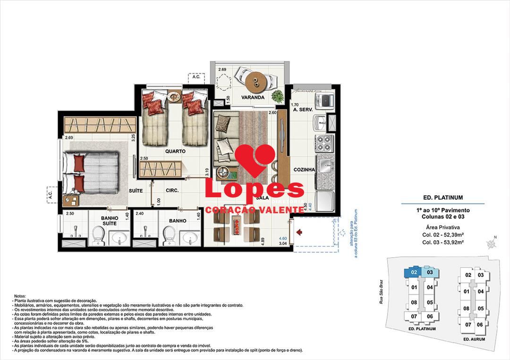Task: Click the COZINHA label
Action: pos(304,170)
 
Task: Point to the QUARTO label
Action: pos(175,151)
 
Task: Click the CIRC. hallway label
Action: pos(171,191)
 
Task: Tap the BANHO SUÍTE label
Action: pos(110,220)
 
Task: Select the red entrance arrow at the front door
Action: pos(299,232)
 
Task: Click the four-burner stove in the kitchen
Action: pos(325,142)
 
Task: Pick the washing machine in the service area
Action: pos(326,100)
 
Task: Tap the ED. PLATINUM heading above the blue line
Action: pos(442,198)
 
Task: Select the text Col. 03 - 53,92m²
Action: pos(442,242)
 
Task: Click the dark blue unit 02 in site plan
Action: pos(413,272)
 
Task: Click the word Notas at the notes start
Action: pos(20,296)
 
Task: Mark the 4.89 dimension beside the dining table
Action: pos(269,240)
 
